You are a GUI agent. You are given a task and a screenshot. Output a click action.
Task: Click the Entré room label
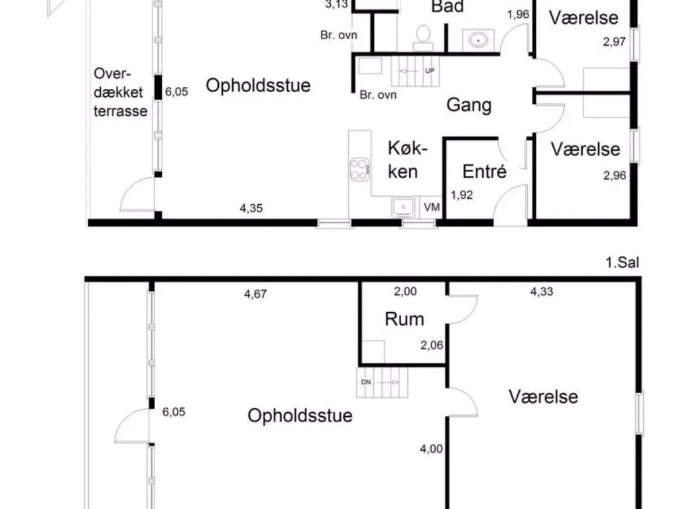click(484, 172)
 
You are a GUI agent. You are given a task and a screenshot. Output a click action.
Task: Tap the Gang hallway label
click(469, 105)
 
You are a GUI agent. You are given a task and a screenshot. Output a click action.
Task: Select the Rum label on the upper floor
click(404, 319)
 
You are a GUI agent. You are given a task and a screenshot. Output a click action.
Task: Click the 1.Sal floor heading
click(622, 262)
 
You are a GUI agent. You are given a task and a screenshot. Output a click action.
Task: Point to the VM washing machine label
click(432, 207)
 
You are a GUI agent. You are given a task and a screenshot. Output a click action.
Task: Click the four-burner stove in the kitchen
click(360, 169)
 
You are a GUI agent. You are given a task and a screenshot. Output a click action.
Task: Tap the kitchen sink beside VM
click(403, 207)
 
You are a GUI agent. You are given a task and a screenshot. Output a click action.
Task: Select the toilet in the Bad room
click(422, 38)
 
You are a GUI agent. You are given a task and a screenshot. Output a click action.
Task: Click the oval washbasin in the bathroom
click(478, 40)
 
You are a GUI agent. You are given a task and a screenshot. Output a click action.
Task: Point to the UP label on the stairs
click(430, 70)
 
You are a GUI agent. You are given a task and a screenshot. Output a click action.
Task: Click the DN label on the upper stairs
click(366, 382)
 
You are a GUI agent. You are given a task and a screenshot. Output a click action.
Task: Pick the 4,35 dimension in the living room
click(251, 208)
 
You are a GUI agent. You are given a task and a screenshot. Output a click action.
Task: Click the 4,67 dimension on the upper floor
click(255, 294)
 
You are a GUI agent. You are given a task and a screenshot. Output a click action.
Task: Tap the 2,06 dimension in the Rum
click(432, 345)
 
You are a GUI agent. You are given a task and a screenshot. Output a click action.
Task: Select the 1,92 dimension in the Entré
click(462, 196)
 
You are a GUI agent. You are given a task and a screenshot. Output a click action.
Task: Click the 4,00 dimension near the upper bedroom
click(431, 449)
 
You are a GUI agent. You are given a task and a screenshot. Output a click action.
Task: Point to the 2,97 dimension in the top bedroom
click(615, 42)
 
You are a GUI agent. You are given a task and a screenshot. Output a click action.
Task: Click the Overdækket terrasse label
click(121, 92)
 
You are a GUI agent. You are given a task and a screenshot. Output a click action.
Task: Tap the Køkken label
click(407, 160)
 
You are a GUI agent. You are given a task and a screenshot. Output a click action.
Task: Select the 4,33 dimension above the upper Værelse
click(542, 292)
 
